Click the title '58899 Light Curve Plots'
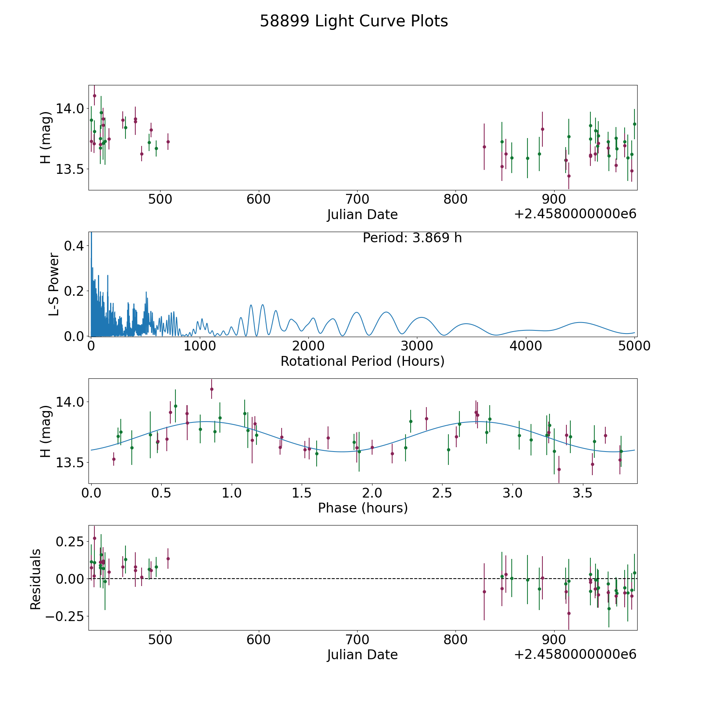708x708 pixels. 354,21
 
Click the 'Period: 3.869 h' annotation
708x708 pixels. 412,238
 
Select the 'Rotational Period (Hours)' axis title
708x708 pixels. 362,361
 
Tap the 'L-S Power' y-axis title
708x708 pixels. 54,284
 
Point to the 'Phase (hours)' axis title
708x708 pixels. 362,508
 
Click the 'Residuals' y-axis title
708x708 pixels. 35,579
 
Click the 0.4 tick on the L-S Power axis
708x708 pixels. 74,246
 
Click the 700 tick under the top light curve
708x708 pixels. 357,199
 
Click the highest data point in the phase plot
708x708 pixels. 212,389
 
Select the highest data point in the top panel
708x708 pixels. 94,96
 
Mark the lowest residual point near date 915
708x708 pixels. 569,613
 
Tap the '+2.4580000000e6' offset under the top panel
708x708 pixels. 575,214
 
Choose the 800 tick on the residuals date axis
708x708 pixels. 455,640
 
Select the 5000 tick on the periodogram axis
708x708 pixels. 634,346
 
